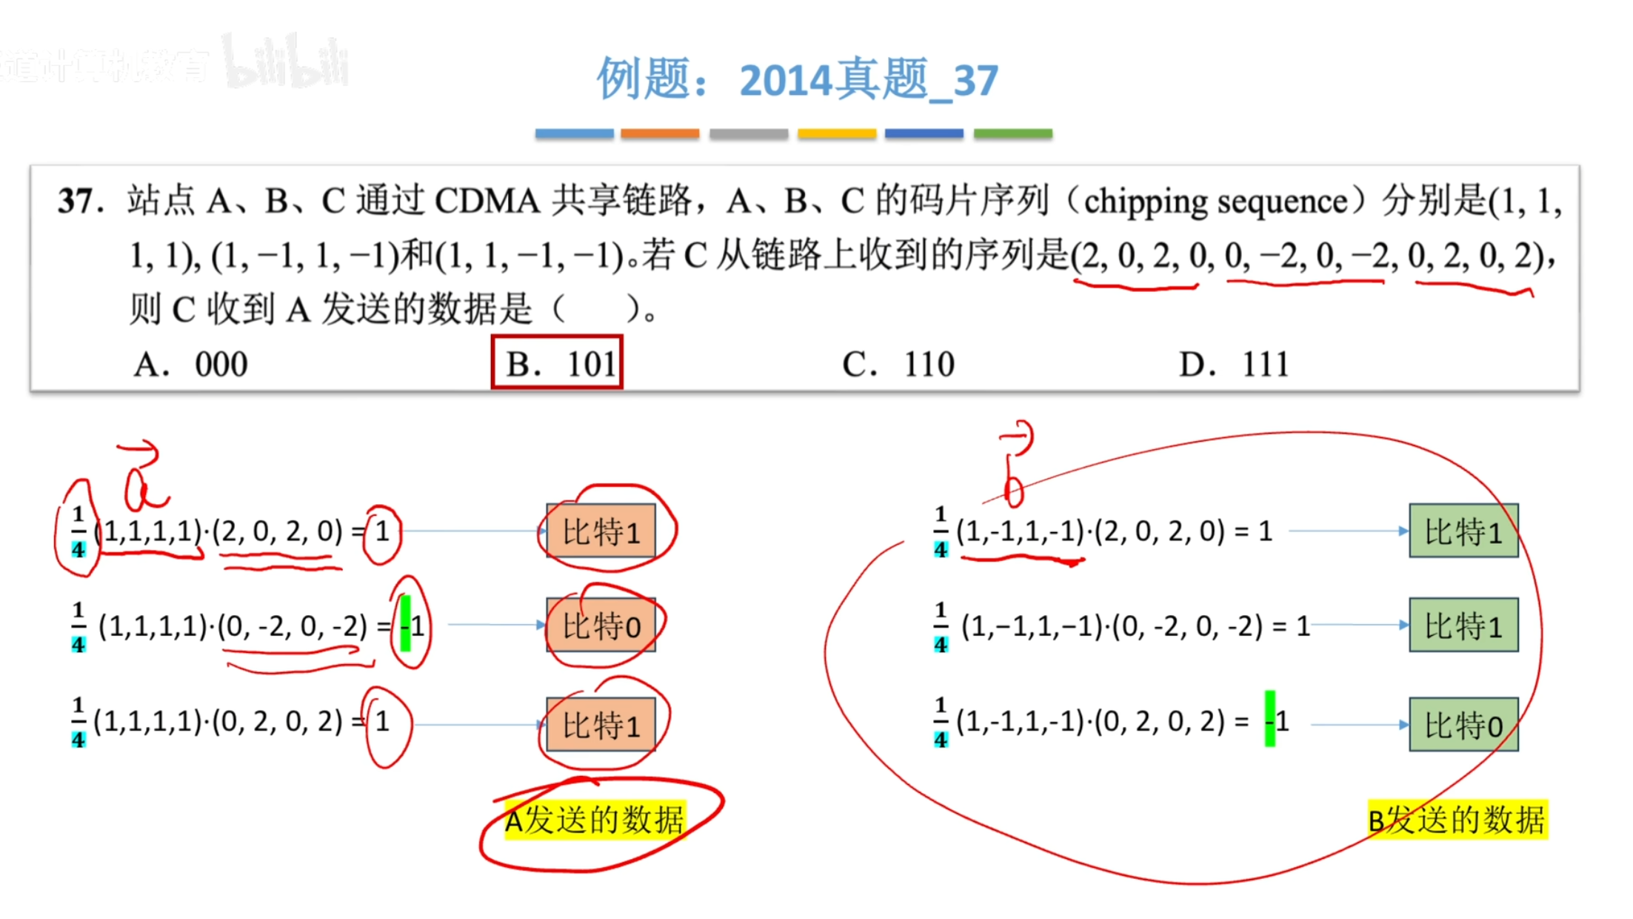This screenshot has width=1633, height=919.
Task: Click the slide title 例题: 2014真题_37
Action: (797, 79)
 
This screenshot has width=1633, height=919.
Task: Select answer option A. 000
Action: (190, 365)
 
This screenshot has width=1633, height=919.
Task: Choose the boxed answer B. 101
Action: (557, 362)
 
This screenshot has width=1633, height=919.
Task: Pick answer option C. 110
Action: (898, 365)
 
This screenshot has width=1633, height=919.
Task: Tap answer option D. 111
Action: (1234, 365)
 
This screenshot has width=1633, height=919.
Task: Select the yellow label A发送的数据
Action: (595, 820)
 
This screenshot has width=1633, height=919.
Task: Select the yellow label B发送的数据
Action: (1457, 820)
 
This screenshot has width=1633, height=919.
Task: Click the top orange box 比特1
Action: (601, 531)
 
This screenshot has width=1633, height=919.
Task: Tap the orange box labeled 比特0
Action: (601, 626)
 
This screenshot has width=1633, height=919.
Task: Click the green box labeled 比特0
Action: (1463, 725)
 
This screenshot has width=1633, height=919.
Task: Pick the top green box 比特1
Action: (1463, 531)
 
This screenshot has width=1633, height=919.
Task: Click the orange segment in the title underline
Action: (659, 133)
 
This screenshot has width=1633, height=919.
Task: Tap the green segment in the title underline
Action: (1012, 133)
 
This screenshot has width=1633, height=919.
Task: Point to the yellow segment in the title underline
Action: (837, 133)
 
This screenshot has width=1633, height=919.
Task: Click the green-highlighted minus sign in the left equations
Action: (405, 624)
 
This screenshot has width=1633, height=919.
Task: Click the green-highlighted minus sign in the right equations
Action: (1270, 719)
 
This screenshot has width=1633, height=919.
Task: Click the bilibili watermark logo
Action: (285, 61)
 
